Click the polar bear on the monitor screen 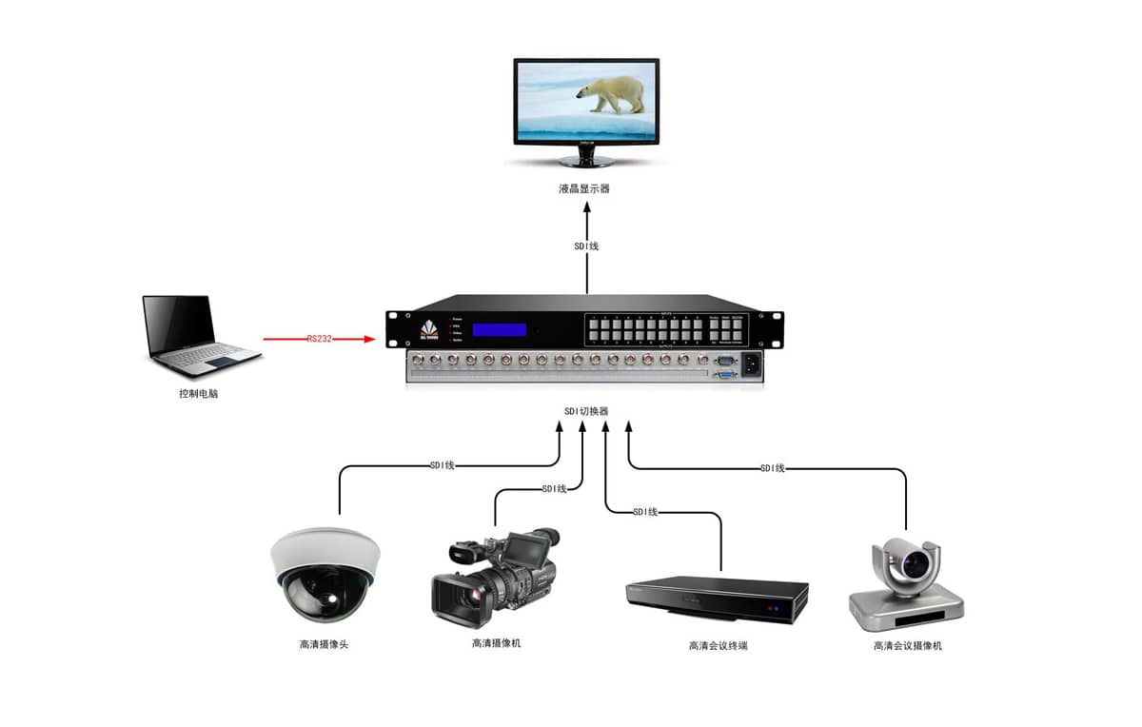pos(611,93)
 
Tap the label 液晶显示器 pos(584,188)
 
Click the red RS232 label pos(320,338)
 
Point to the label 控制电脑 pos(198,393)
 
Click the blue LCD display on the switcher pos(500,330)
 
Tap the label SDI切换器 pos(586,411)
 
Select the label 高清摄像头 pos(325,644)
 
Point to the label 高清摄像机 pos(497,643)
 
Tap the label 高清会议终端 pos(718,646)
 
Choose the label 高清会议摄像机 pos(908,646)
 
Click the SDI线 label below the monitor pos(586,246)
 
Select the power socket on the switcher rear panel pos(751,363)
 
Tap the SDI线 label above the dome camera pos(442,465)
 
